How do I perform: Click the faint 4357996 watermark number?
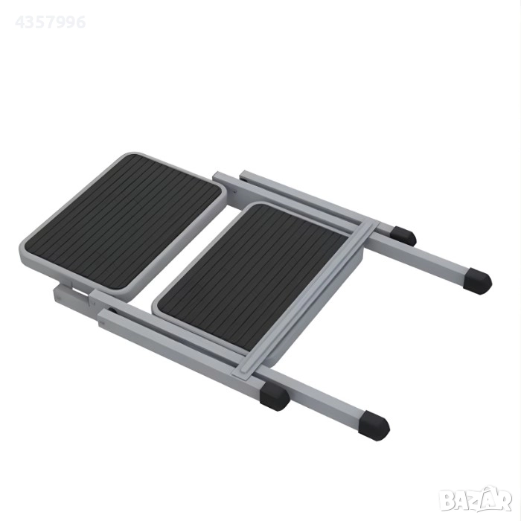pos(51,22)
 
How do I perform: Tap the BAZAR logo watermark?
pos(475,500)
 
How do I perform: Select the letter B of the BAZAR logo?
pos(447,502)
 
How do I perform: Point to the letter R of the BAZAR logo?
pos(504,501)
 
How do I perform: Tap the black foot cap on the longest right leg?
pos(478,282)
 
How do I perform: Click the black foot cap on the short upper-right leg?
pos(403,235)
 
